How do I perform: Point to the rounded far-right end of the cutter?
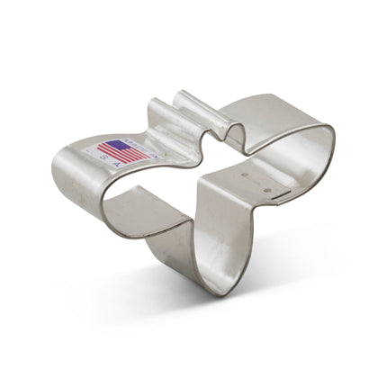click(331, 148)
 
